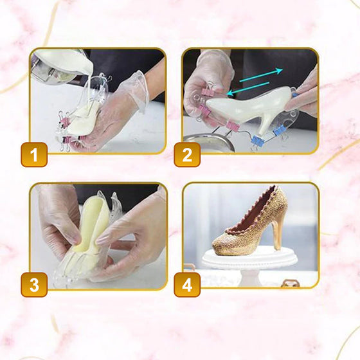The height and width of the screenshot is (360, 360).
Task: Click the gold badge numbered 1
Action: (x=34, y=154)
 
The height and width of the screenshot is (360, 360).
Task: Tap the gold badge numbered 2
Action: (x=187, y=154)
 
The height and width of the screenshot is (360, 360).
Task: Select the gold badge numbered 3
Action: (x=34, y=285)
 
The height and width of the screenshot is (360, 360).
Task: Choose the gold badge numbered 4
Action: (x=187, y=285)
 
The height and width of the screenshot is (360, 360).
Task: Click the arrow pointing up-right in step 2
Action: (x=261, y=75)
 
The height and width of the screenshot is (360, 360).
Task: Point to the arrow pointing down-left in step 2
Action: (x=248, y=89)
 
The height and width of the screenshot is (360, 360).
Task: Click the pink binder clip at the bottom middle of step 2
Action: (x=232, y=126)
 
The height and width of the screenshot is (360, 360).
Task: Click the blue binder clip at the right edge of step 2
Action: (x=294, y=93)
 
